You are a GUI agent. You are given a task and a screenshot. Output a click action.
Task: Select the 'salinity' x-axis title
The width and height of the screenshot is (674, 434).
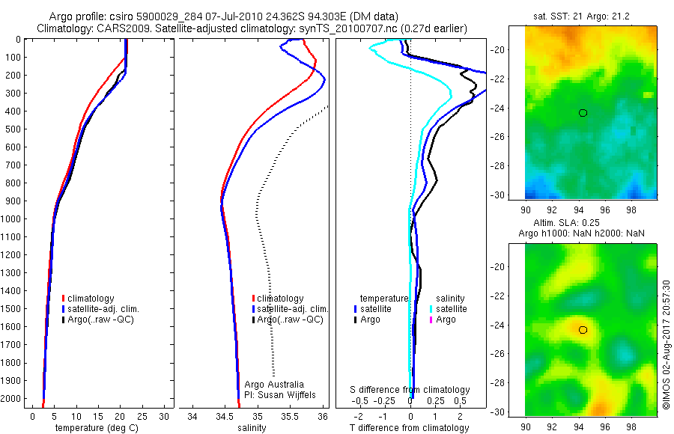point(252,428)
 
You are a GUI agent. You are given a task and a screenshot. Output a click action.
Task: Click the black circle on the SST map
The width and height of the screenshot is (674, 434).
point(583,112)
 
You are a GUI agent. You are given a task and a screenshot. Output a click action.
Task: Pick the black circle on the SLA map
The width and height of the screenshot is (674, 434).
point(583,330)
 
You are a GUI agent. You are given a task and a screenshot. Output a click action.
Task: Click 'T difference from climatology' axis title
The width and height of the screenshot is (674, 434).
point(410,428)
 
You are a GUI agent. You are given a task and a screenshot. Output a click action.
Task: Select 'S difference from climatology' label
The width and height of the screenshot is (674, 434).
point(410,390)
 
